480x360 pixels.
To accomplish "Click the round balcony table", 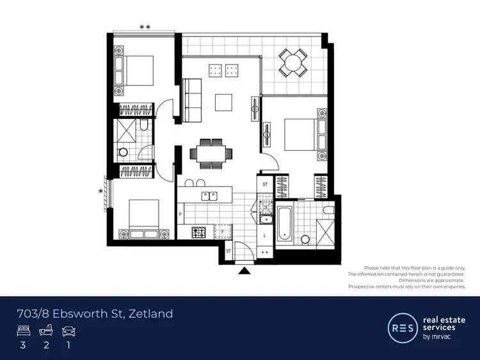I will point(292,63).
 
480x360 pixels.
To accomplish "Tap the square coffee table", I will point(224,102).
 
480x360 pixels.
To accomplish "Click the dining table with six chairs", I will point(208,154).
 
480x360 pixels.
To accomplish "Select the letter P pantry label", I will point(181,215).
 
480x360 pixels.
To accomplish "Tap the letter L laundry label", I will point(265,235).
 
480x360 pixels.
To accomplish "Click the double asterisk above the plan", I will point(145,27).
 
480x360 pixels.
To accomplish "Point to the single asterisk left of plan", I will point(100,191).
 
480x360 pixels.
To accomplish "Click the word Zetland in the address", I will point(150,313).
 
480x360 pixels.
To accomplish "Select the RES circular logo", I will point(401,327).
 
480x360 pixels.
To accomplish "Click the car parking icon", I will point(68,331).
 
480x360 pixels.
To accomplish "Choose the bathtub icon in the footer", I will point(46,331).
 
